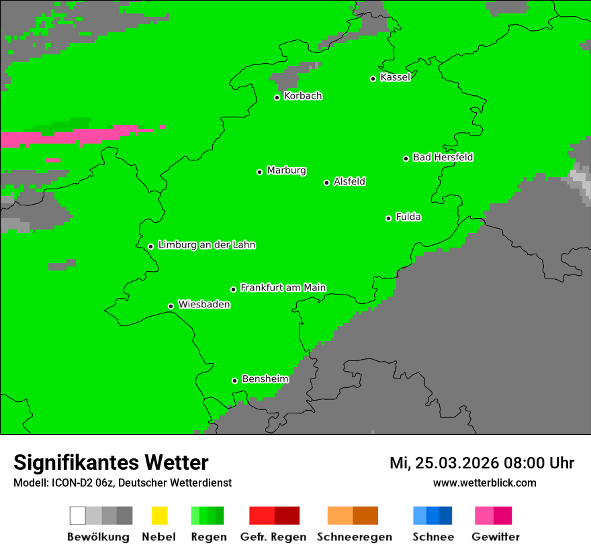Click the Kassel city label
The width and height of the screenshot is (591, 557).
point(395,77)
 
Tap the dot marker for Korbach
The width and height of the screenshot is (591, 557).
point(277,97)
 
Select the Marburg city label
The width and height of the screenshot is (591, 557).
point(286,170)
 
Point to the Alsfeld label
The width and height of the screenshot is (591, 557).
point(349,181)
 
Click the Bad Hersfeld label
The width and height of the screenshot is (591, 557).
point(443,157)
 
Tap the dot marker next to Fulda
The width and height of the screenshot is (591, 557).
point(388,218)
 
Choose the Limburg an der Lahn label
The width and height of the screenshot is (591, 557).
point(206,245)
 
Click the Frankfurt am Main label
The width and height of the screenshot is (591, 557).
point(283,287)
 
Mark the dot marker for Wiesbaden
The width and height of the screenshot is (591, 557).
point(171,306)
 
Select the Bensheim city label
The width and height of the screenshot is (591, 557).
point(265,378)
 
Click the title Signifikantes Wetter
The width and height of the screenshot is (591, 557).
point(111,462)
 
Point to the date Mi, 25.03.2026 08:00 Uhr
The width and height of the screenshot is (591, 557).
point(482,463)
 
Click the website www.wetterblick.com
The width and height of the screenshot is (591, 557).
point(484,483)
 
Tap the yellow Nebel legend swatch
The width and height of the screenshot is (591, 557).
point(159,515)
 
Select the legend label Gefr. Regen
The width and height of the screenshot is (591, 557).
point(273,537)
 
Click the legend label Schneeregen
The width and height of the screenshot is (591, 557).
point(354,537)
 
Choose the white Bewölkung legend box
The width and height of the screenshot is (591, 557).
point(78,515)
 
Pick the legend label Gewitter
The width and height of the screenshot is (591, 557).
point(496,537)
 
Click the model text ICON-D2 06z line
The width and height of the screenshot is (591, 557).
point(122,483)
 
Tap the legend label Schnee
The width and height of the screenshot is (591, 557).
point(433,537)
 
